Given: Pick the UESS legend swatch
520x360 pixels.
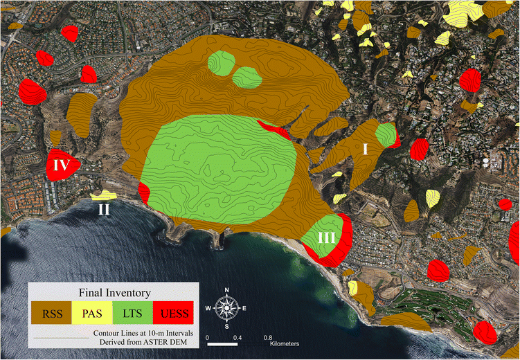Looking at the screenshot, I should point(176,313).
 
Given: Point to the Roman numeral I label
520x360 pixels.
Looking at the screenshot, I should point(365,148).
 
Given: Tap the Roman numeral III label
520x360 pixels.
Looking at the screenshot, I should point(327,237).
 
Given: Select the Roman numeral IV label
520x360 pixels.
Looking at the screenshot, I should point(60,165).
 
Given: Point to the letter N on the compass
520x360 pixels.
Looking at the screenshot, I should point(227,290).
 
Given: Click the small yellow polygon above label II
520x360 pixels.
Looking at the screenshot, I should point(105,195).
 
